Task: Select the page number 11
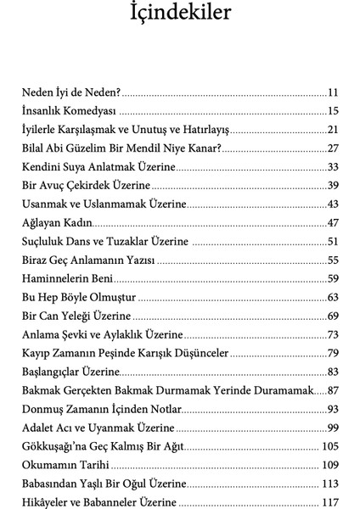pyautogui.click(x=333, y=92)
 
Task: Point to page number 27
pyautogui.click(x=333, y=148)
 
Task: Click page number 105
pyautogui.click(x=330, y=446)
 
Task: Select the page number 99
pyautogui.click(x=333, y=428)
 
